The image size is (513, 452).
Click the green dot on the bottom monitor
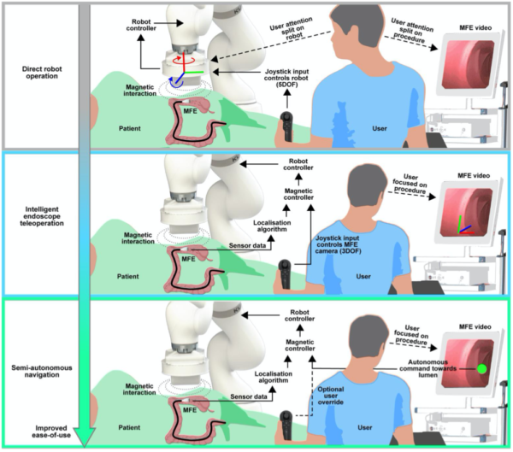point(481,369)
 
